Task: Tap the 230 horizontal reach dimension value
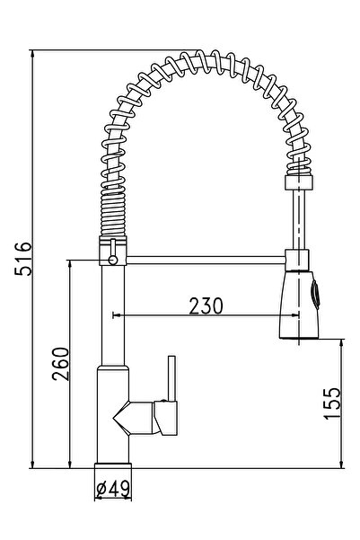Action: tap(206, 305)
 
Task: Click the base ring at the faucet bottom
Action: tap(114, 469)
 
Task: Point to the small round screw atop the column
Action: tap(112, 260)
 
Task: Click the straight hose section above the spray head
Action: tap(294, 220)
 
